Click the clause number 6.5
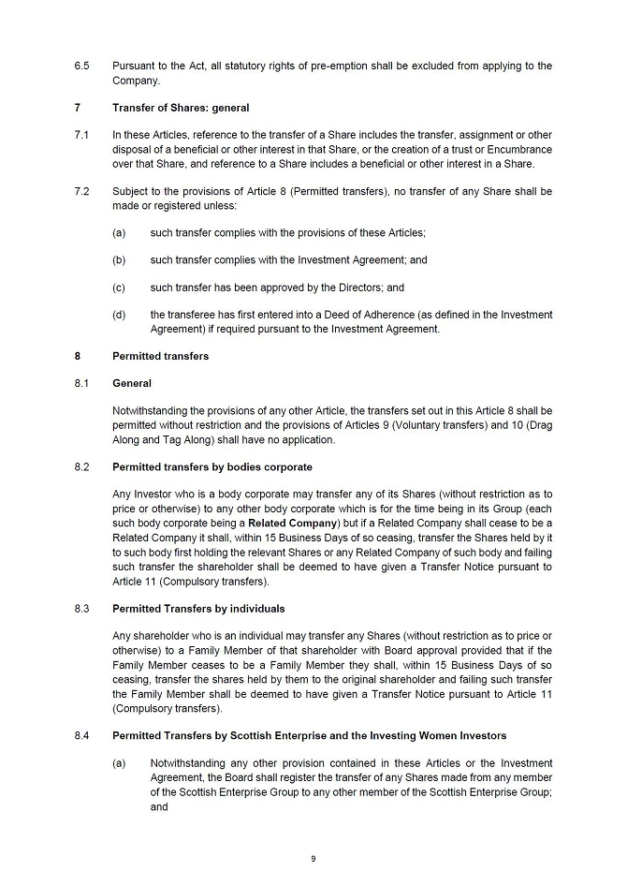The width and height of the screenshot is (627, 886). pyautogui.click(x=81, y=66)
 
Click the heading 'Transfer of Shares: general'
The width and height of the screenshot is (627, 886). pyautogui.click(x=181, y=108)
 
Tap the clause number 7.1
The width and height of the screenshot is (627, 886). pyautogui.click(x=81, y=135)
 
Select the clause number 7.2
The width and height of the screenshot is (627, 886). pyautogui.click(x=81, y=191)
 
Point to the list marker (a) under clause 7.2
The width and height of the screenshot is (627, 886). pyautogui.click(x=119, y=232)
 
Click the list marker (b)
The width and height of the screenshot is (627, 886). pyautogui.click(x=119, y=260)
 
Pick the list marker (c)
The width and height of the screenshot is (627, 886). pyautogui.click(x=119, y=288)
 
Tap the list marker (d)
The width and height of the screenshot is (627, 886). pyautogui.click(x=119, y=315)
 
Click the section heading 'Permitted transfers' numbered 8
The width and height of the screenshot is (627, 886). pyautogui.click(x=160, y=356)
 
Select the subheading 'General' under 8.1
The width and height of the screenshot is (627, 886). pyautogui.click(x=132, y=383)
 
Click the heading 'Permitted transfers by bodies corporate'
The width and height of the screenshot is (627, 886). pyautogui.click(x=212, y=466)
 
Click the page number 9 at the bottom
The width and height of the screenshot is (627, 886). pyautogui.click(x=313, y=858)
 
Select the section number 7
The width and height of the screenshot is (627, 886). pyautogui.click(x=78, y=108)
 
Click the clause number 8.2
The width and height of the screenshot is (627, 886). pyautogui.click(x=81, y=466)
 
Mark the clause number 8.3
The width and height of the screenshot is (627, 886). pyautogui.click(x=81, y=609)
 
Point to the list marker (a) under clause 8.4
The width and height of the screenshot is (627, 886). pyautogui.click(x=119, y=763)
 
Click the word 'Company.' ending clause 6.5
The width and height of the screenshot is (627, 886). pyautogui.click(x=137, y=81)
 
